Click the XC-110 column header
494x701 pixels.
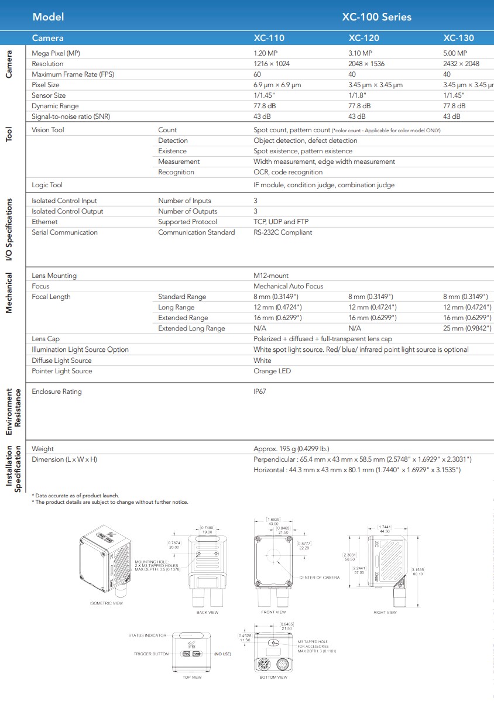(269, 39)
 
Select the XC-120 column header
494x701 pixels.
(363, 39)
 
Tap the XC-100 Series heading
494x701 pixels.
(376, 17)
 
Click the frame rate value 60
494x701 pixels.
(257, 74)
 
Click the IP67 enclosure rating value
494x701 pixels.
(259, 391)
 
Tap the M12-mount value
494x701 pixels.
(271, 276)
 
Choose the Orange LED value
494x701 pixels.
(272, 371)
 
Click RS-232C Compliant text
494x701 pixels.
(283, 232)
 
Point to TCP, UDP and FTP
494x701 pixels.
(280, 222)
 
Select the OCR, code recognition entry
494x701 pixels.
(288, 172)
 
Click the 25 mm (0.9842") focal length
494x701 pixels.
(467, 328)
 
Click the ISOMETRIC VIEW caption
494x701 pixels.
(106, 603)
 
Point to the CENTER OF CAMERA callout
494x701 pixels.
(319, 578)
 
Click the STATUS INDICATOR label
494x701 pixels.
(147, 635)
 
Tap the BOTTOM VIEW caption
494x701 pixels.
(273, 677)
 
